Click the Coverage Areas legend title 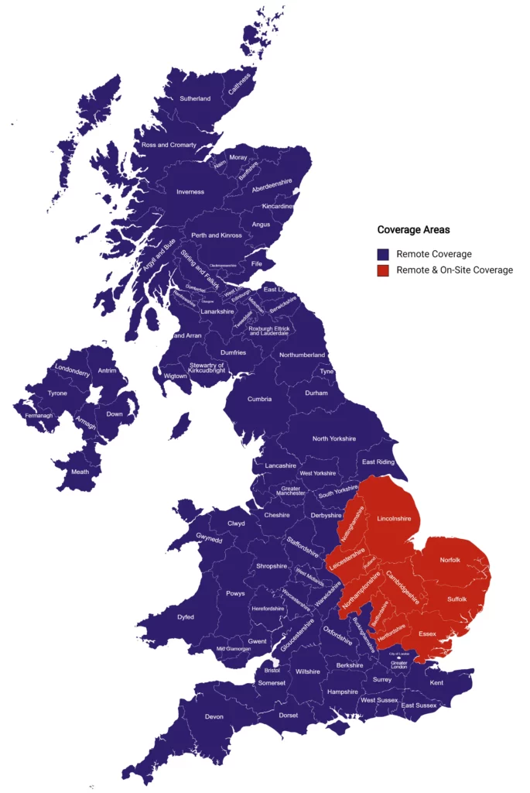click(413, 230)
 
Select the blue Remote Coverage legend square click(382, 254)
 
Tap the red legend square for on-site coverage click(382, 270)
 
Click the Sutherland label click(195, 99)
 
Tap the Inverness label click(190, 192)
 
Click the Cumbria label click(259, 400)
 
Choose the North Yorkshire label click(334, 439)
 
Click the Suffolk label click(458, 599)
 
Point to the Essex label click(427, 634)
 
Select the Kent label click(437, 682)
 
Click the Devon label click(214, 716)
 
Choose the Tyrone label click(57, 393)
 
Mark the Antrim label click(108, 371)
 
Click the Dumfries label click(234, 353)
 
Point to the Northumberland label click(303, 355)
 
